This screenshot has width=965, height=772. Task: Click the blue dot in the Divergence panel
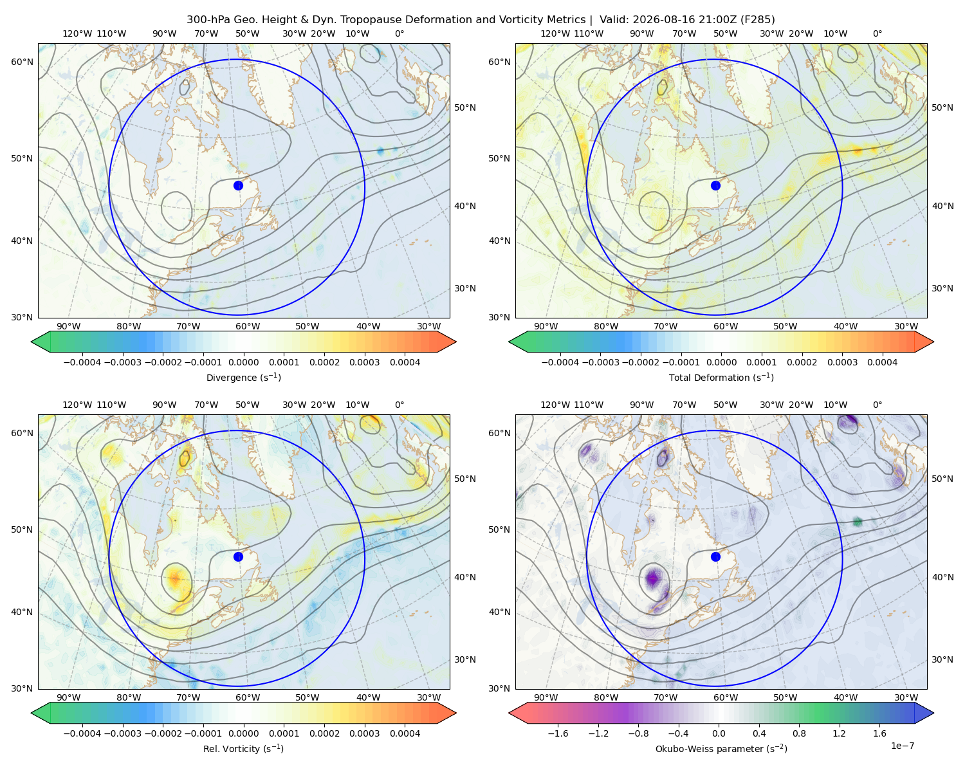click(238, 185)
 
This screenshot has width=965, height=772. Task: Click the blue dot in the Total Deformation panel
click(715, 185)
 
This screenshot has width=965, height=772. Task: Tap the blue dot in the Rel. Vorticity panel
click(238, 556)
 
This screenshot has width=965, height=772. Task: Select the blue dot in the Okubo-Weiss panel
click(715, 556)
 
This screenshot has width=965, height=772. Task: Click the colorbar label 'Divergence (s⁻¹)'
click(243, 377)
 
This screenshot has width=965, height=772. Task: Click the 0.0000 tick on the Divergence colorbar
click(243, 362)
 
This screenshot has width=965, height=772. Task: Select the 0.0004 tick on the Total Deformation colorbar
click(883, 362)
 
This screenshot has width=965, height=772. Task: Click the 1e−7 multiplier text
click(902, 746)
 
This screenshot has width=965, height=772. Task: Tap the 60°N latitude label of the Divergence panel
click(22, 62)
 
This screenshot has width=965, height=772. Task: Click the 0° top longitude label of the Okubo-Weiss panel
click(877, 404)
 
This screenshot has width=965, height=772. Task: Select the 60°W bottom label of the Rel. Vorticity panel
click(248, 697)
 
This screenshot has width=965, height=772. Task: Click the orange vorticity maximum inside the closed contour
click(175, 578)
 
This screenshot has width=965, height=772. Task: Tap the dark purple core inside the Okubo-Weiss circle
click(654, 578)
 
